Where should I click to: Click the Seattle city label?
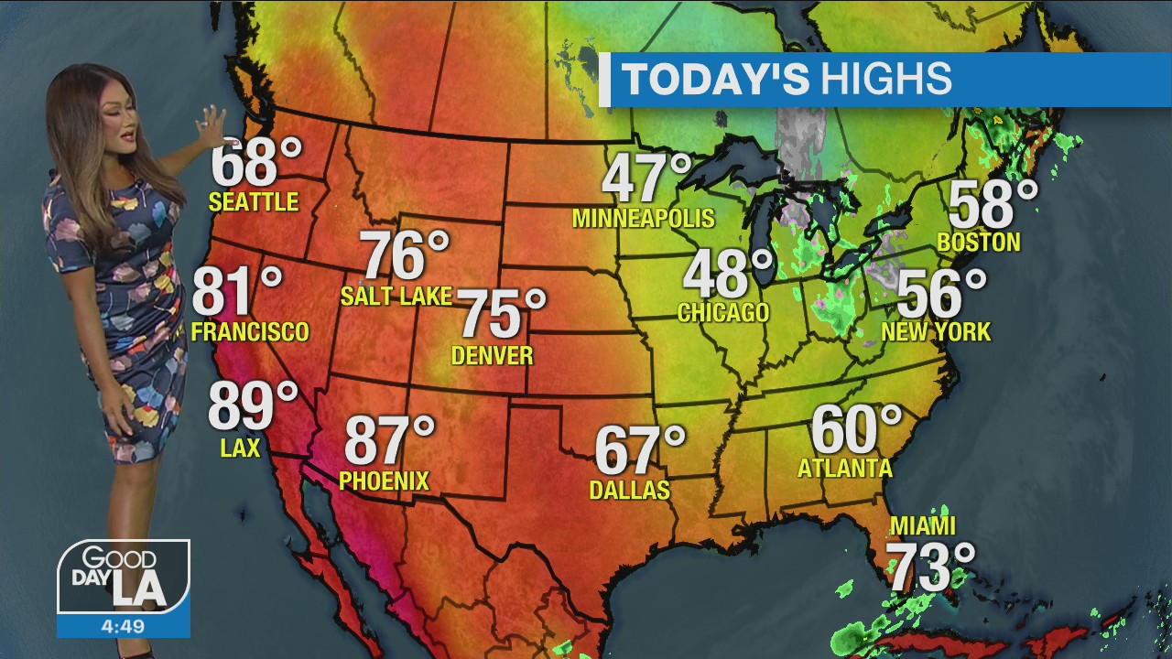254,201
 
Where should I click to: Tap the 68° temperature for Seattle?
255,163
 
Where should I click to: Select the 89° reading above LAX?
253,407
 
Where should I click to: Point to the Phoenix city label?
384,481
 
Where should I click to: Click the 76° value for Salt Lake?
405,256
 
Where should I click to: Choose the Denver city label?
493,355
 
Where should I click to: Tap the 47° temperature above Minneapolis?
646,178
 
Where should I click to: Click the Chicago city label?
723,312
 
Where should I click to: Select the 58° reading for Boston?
993,205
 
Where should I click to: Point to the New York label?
936,331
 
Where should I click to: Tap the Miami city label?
923,526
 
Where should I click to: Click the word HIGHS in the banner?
885,80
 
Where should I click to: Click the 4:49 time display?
124,626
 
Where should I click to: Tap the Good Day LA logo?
124,577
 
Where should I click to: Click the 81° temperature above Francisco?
237,293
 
